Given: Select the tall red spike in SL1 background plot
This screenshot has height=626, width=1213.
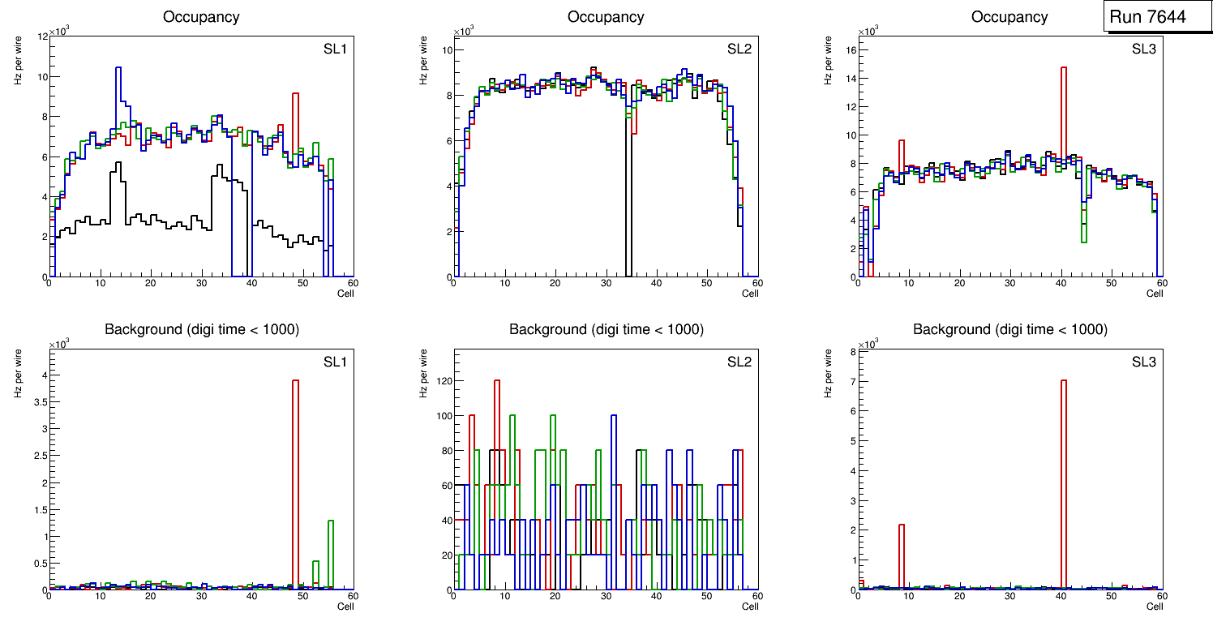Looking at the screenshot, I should (x=296, y=454).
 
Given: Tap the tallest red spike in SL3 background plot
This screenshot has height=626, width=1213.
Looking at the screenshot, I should (x=1063, y=454).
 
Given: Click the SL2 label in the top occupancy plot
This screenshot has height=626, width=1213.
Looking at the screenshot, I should (x=739, y=49).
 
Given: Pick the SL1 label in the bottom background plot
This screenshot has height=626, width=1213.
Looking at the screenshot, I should (x=335, y=362).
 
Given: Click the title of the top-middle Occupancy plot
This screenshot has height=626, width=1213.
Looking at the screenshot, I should (x=606, y=17).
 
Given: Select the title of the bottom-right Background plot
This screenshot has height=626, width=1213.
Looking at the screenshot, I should (x=1009, y=329).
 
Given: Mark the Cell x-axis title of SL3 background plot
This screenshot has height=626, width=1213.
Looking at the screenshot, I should (x=1155, y=606).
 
